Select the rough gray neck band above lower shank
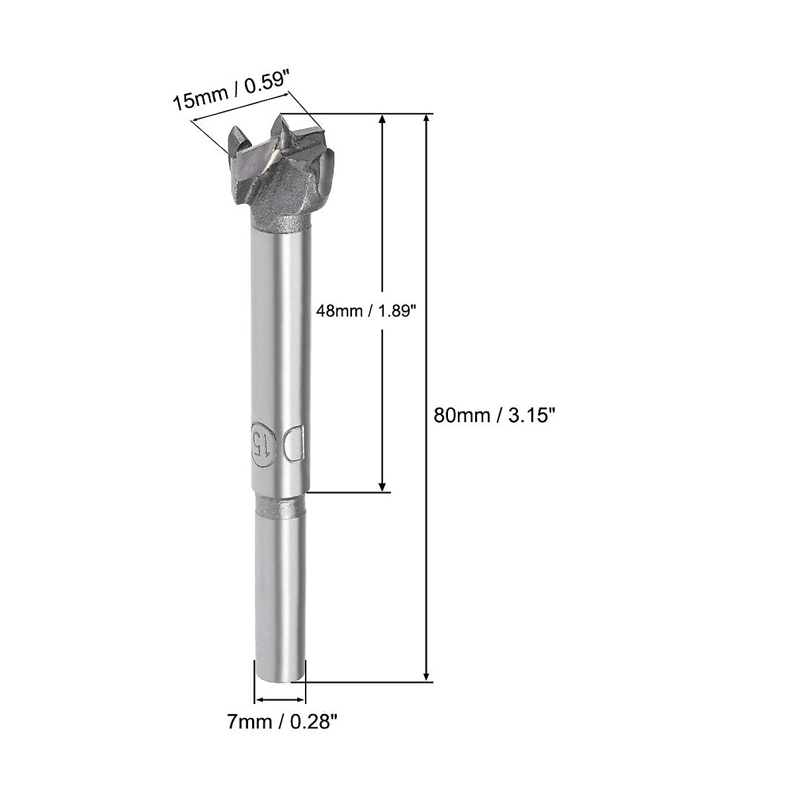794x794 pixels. point(281,508)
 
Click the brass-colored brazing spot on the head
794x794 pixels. point(271,157)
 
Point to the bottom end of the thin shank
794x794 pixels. point(281,678)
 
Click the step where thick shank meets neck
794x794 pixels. point(281,493)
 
